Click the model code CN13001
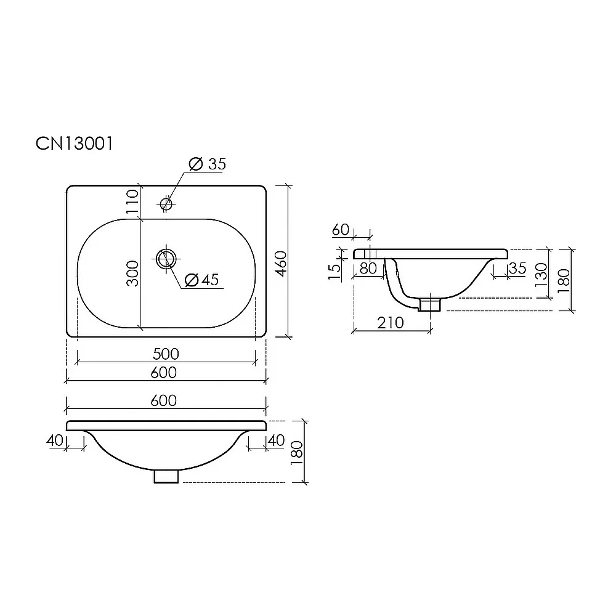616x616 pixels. pyautogui.click(x=75, y=144)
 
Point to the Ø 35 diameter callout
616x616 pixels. pyautogui.click(x=208, y=164)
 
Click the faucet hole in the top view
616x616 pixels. pyautogui.click(x=166, y=203)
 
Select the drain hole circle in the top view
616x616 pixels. pyautogui.click(x=166, y=259)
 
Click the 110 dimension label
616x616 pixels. pyautogui.click(x=132, y=201)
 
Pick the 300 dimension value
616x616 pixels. pyautogui.click(x=132, y=274)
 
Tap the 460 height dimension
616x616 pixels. pyautogui.click(x=281, y=264)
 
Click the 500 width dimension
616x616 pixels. pyautogui.click(x=166, y=354)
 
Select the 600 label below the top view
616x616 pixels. pyautogui.click(x=164, y=373)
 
